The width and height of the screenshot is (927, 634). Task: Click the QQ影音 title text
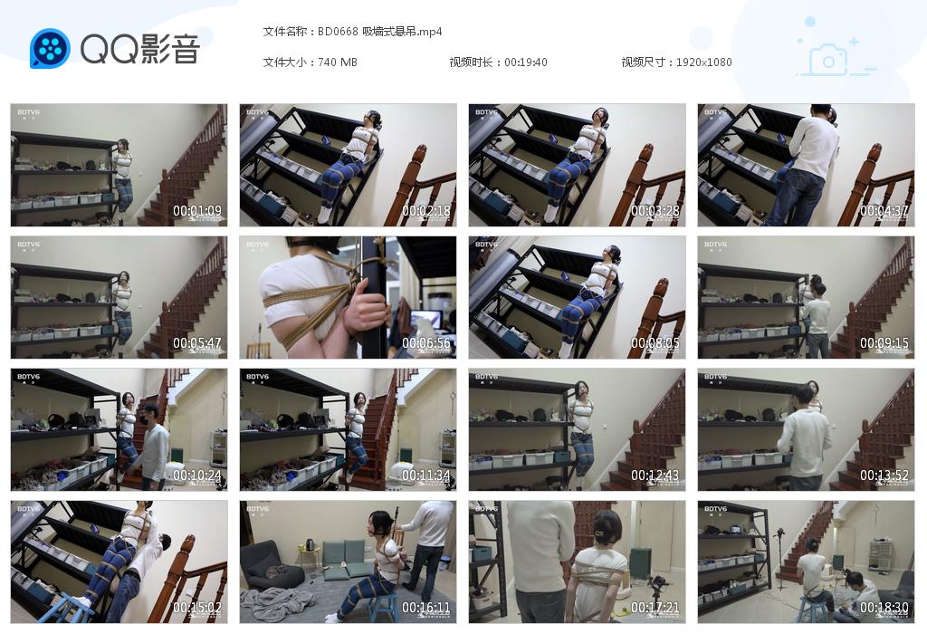[x=139, y=49]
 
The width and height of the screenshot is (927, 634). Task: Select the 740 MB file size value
[x=338, y=62]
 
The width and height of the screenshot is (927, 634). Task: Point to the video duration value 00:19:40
[x=526, y=62]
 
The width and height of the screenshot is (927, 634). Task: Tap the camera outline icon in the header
[x=827, y=60]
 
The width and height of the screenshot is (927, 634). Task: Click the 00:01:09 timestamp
[x=197, y=211]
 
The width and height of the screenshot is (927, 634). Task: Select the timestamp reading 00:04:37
[x=884, y=211]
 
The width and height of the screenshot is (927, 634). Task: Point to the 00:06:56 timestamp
[x=426, y=343]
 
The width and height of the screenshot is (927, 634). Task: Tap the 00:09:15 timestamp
[x=884, y=343]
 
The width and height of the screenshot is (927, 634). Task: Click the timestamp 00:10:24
[x=197, y=475]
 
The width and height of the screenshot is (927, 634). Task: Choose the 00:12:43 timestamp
[x=655, y=475]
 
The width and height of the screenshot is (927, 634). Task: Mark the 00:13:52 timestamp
[x=884, y=475]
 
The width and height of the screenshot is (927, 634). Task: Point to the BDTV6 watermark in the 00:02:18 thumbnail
[x=258, y=112]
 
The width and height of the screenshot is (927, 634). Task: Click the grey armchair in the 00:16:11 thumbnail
[x=272, y=565]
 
